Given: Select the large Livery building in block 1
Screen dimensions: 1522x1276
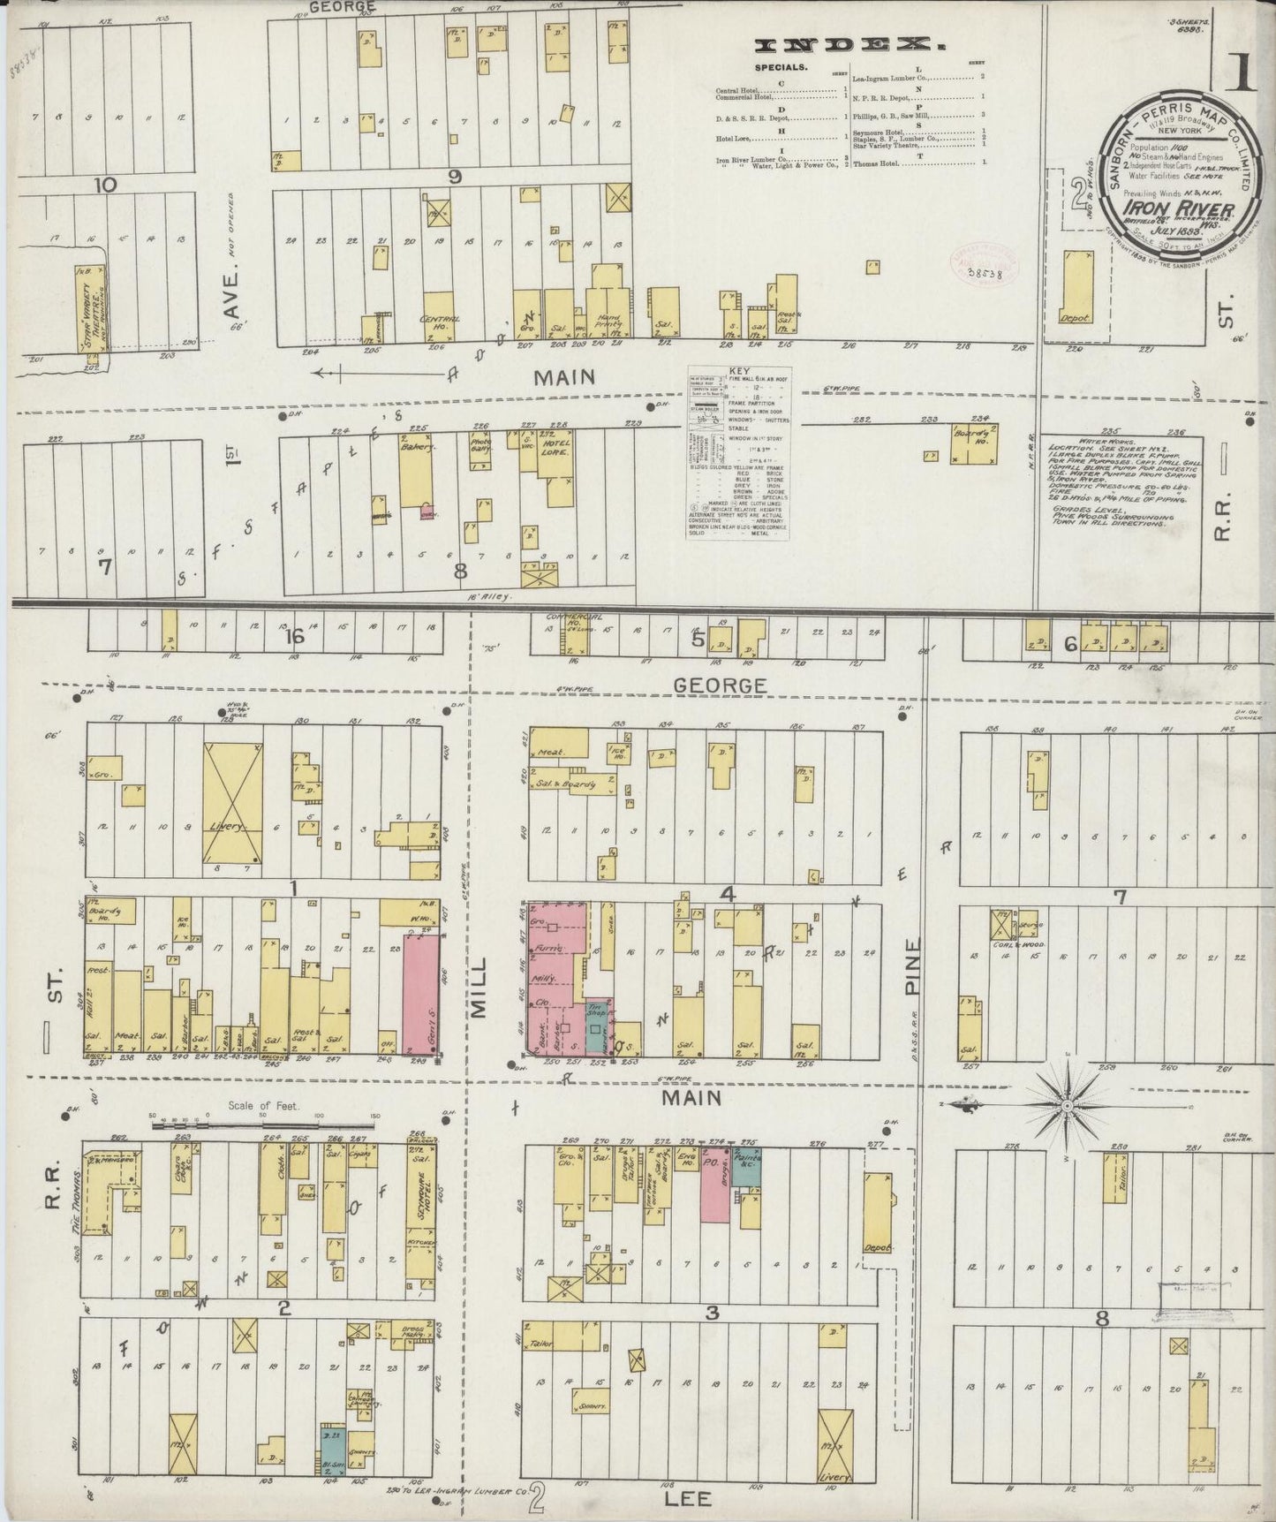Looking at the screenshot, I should coord(232,802).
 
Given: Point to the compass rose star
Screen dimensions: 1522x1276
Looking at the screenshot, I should coord(1068,1105).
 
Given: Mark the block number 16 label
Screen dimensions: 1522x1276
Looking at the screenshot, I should coord(293,637).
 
